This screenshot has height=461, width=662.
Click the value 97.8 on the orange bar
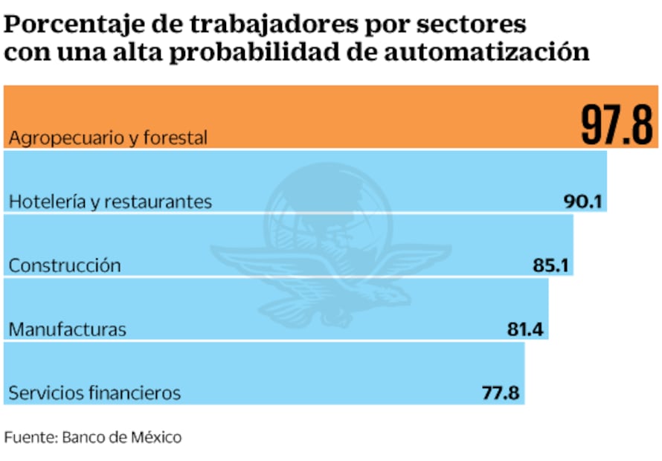616,124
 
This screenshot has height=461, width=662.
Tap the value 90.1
584,202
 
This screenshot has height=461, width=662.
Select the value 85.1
550,265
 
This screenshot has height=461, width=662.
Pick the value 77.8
501,393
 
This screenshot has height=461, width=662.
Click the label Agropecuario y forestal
108,138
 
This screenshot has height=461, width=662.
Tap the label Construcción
64,265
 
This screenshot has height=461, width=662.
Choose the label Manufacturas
68,329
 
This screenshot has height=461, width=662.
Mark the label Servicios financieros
94,393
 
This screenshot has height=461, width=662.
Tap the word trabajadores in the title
242,25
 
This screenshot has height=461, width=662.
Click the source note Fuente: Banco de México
93,437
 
